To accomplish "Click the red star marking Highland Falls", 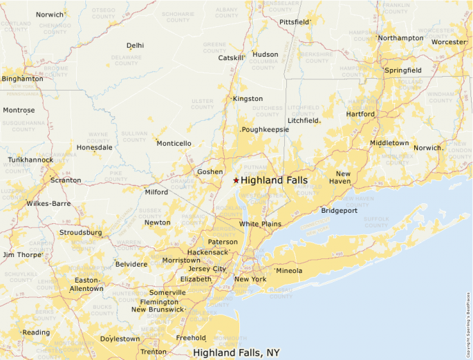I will [236, 180].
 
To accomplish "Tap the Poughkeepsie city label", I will [265, 129].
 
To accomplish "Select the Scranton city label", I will [65, 180].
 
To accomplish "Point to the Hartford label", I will [360, 114].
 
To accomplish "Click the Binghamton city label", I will [22, 79].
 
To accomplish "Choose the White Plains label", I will [260, 224].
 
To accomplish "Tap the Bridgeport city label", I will [339, 210].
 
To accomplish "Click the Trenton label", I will [153, 352].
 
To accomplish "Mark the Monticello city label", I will [174, 144].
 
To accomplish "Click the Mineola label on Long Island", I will [289, 270].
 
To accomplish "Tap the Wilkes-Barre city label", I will [48, 204].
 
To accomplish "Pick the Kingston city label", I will [248, 99].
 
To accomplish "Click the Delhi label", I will [136, 46].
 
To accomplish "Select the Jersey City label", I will [207, 269].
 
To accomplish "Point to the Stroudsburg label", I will [80, 233].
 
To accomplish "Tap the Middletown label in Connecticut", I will [389, 143].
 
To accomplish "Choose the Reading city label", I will [36, 332].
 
